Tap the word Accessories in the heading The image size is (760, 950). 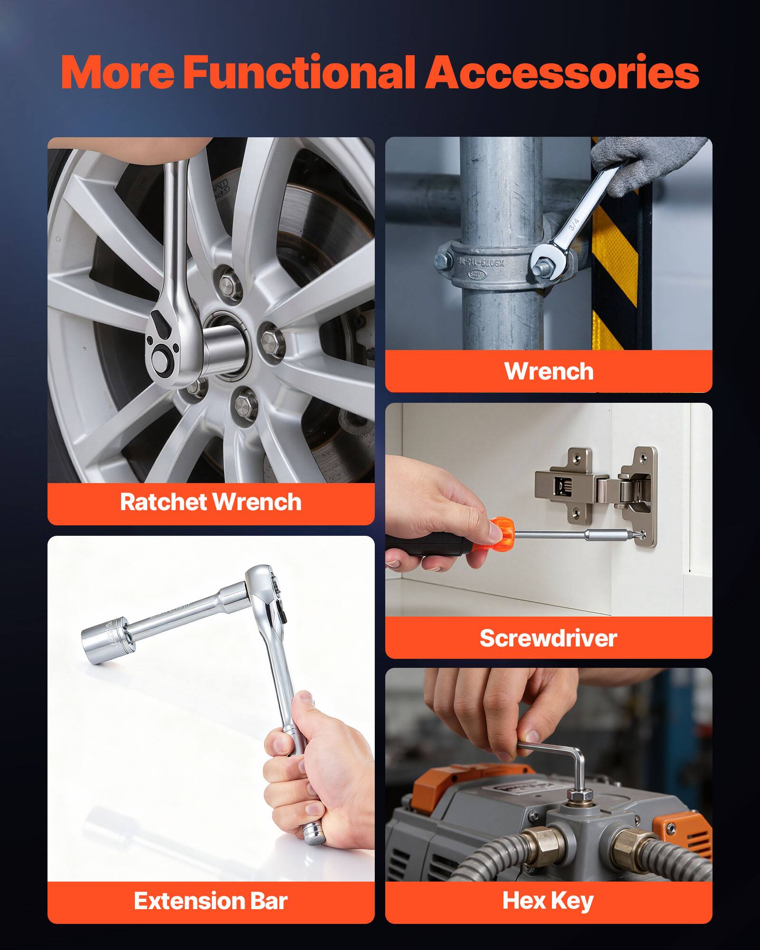click(x=561, y=73)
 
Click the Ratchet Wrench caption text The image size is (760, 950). click(x=210, y=502)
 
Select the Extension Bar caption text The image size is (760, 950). click(x=210, y=901)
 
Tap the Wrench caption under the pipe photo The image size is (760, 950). click(x=549, y=371)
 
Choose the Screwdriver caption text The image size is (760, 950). click(x=548, y=637)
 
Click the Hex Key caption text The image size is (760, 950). click(x=548, y=901)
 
